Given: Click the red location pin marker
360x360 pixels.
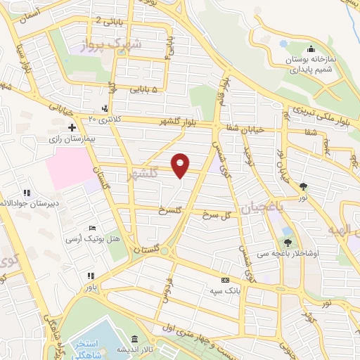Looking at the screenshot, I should [181, 165].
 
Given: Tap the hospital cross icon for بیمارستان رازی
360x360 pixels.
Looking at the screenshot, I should [71, 127].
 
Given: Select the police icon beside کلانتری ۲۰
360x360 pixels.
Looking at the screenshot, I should [105, 108].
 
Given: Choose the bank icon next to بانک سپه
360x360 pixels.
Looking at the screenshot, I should [224, 279].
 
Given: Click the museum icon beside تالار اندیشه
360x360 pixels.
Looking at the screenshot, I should [134, 338].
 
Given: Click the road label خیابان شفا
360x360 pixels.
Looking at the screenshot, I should [245, 129].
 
